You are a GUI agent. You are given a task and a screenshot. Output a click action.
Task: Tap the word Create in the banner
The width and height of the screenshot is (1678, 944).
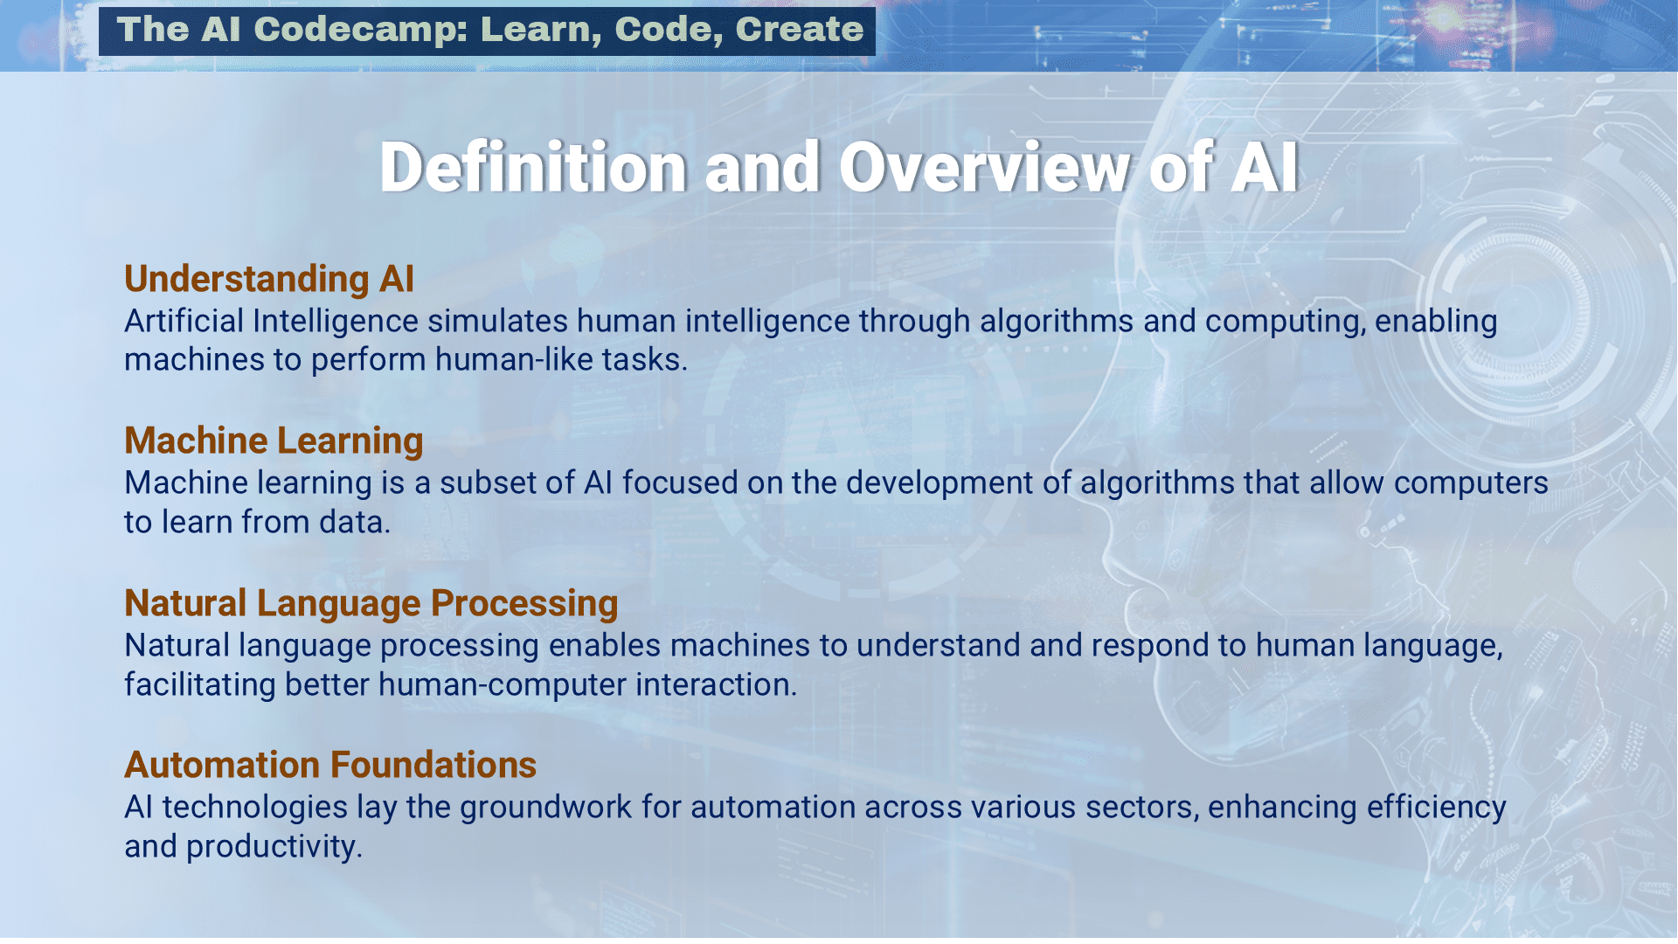pyautogui.click(x=800, y=30)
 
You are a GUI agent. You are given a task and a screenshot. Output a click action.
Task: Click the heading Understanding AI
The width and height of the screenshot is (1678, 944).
pyautogui.click(x=269, y=279)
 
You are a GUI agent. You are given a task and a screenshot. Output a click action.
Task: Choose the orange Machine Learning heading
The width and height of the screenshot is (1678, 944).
pyautogui.click(x=274, y=441)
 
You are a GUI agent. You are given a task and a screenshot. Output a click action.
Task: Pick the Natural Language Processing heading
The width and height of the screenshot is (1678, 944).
pyautogui.click(x=371, y=603)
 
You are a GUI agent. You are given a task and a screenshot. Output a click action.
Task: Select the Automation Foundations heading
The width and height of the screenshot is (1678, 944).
pyautogui.click(x=330, y=765)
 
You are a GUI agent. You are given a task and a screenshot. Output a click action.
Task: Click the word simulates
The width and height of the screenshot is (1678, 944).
pyautogui.click(x=497, y=321)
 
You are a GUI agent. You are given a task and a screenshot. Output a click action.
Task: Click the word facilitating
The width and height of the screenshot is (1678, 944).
pyautogui.click(x=200, y=685)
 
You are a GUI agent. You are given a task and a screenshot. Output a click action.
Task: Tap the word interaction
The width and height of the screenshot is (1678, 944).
pyautogui.click(x=716, y=685)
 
